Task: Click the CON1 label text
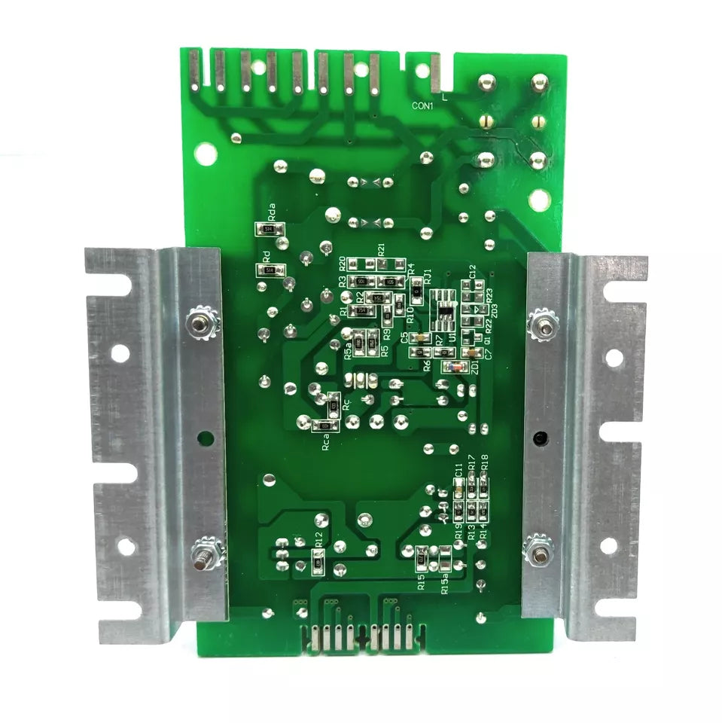pyautogui.click(x=422, y=106)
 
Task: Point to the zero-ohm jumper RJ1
pyautogui.click(x=416, y=288)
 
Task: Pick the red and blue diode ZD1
pyautogui.click(x=454, y=367)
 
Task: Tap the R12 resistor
pyautogui.click(x=318, y=561)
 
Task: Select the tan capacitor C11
pyautogui.click(x=458, y=493)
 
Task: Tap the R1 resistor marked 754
pyautogui.click(x=361, y=310)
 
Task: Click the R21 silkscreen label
pyautogui.click(x=382, y=249)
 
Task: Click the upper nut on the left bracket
pyautogui.click(x=200, y=324)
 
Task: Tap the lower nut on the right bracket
pyautogui.click(x=539, y=548)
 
